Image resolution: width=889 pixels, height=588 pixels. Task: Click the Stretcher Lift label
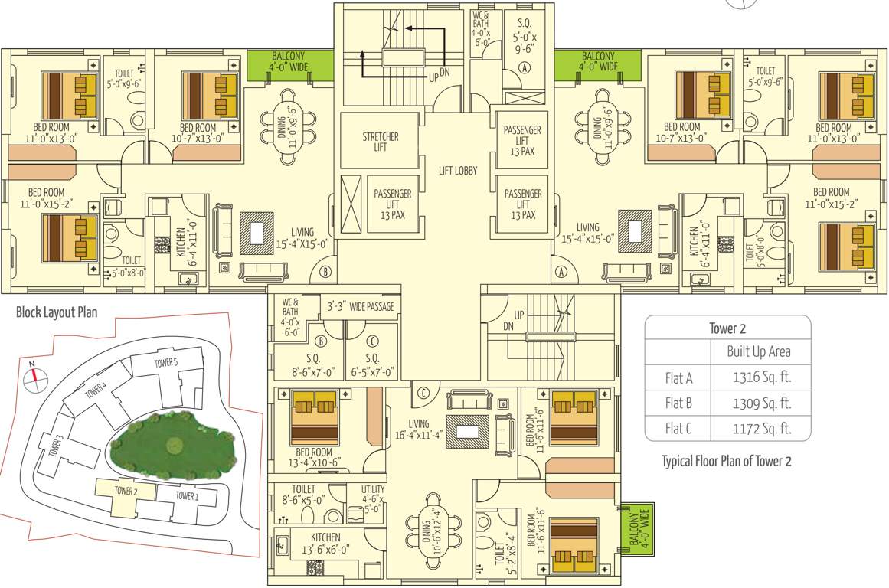380,142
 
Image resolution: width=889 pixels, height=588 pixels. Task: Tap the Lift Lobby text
458,171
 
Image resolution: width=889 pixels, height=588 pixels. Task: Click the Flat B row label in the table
678,403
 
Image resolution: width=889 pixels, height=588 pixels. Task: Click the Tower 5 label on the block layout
165,362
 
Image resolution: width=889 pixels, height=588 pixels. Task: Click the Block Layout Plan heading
57,312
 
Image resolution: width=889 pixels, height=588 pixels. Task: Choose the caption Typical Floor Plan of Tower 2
726,461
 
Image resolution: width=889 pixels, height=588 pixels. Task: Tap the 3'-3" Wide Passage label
360,307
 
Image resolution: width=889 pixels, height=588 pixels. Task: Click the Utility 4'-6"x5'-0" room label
373,498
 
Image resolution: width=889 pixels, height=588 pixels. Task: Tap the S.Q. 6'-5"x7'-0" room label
372,366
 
